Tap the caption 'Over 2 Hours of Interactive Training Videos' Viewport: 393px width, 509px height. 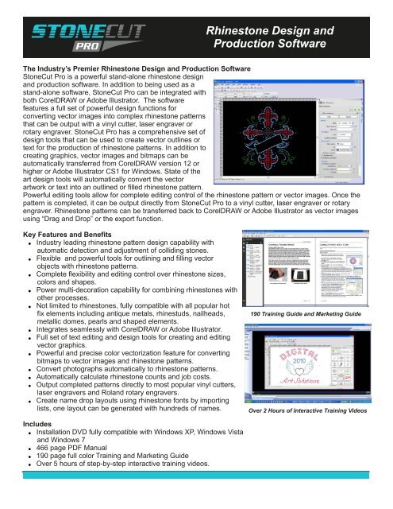click(x=318, y=414)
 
